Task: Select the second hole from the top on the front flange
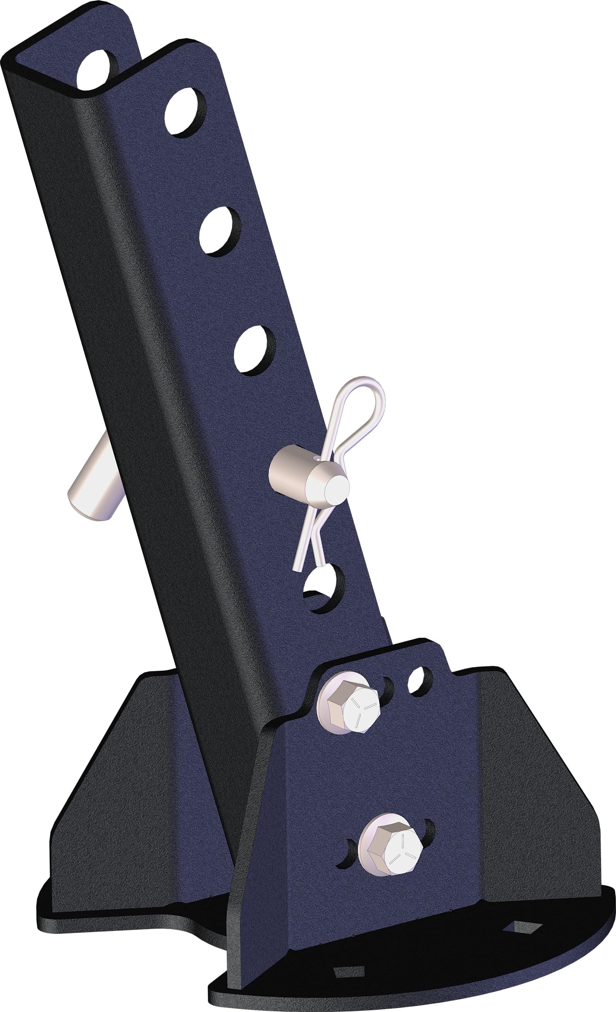click(x=220, y=231)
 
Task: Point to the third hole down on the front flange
click(x=254, y=350)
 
